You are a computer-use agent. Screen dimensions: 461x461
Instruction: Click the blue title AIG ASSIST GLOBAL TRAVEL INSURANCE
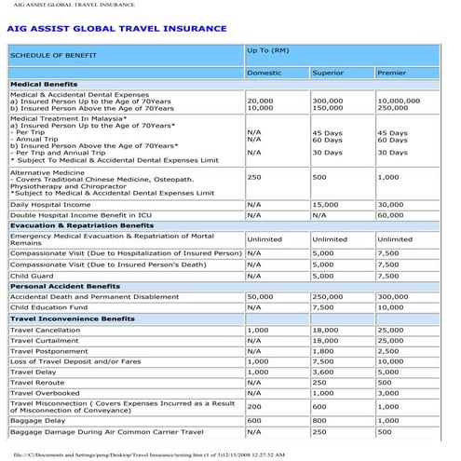(116, 29)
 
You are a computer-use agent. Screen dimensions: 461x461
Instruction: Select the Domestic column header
(264, 72)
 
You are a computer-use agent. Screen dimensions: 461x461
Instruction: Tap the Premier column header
(392, 72)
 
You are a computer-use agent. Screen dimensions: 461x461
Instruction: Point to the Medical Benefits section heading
(44, 85)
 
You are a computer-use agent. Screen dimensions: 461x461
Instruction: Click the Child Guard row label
(32, 276)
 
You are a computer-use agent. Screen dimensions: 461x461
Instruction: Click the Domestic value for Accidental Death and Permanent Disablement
(261, 297)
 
